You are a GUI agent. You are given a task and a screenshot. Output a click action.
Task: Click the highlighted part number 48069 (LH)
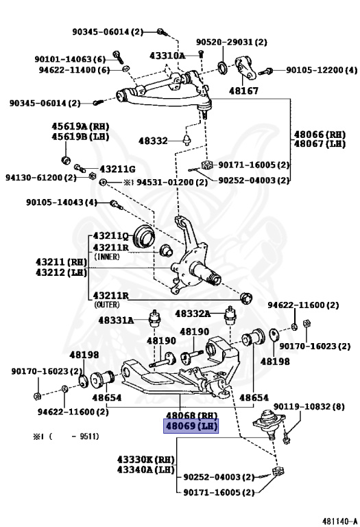[x=190, y=426]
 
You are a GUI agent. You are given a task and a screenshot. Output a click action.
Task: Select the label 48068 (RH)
[x=190, y=416]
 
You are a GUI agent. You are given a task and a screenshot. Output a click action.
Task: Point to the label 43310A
[x=167, y=55]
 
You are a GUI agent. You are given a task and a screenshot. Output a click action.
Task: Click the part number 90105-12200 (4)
[x=322, y=70]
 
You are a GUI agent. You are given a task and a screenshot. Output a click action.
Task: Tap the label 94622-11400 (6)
[x=74, y=69]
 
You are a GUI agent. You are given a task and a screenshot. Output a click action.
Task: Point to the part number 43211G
[x=117, y=169]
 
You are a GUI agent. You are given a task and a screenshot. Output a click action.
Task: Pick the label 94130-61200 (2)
[x=41, y=177]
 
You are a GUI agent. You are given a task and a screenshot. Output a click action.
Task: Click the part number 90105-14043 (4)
[x=62, y=202]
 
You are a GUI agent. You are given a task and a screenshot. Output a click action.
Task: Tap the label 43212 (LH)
[x=59, y=272]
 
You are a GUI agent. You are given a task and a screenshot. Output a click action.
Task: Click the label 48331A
[x=117, y=320]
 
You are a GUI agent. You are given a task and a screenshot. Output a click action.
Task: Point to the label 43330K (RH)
[x=145, y=459]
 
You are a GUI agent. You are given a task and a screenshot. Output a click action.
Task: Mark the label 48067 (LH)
[x=320, y=144]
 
